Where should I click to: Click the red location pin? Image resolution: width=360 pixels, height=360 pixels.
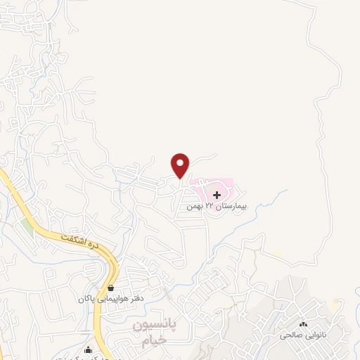[181, 164]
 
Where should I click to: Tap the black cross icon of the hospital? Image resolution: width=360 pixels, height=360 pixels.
[218, 194]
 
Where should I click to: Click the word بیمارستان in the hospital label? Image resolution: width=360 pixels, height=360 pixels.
[230, 207]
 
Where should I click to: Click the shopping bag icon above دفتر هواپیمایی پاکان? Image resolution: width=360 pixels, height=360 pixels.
[112, 288]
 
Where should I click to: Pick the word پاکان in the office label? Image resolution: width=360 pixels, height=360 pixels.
[88, 299]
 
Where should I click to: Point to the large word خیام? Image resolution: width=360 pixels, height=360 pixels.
[154, 341]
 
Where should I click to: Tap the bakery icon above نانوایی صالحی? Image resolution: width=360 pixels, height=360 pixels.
[303, 324]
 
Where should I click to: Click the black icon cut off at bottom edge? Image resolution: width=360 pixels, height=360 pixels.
[88, 351]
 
